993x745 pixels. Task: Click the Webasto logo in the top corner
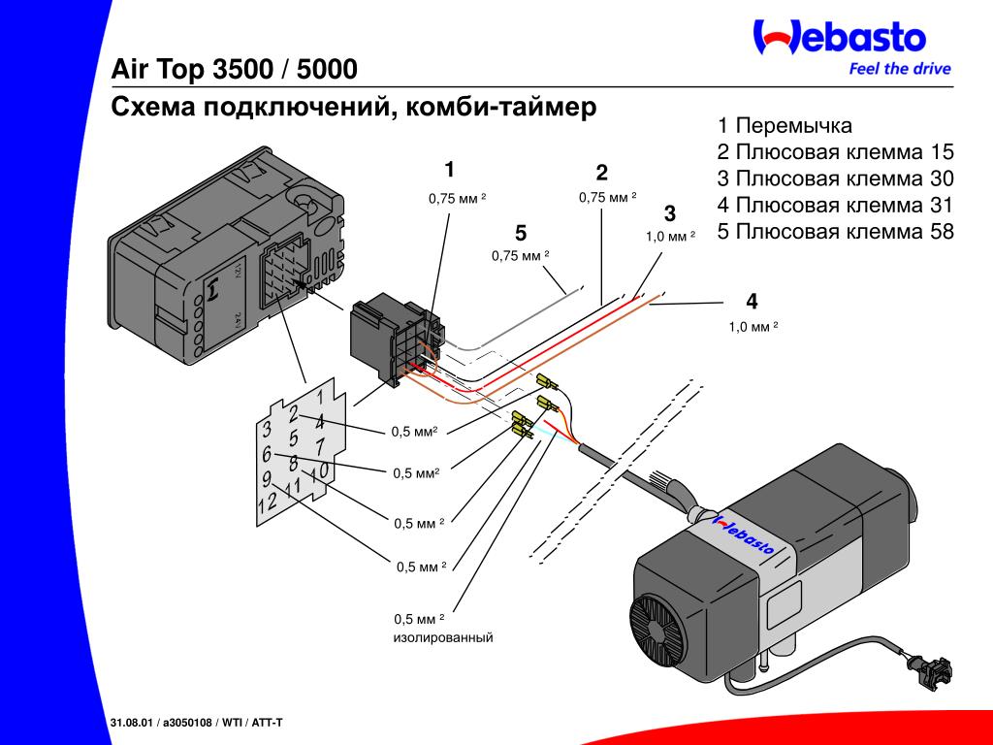[x=840, y=37]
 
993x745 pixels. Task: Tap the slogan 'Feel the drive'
[x=900, y=69]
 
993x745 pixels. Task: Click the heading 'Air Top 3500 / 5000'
[x=235, y=69]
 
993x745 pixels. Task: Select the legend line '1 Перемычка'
[x=785, y=125]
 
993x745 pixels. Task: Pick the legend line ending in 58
[x=835, y=231]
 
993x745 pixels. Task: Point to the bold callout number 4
[x=752, y=301]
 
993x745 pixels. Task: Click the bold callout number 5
[x=521, y=233]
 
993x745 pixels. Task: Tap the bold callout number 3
[x=670, y=213]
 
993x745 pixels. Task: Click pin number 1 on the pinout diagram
[x=320, y=397]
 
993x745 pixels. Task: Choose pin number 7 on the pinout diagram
[x=321, y=445]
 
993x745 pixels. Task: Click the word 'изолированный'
[x=443, y=637]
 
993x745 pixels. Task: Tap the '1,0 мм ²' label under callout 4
[x=753, y=327]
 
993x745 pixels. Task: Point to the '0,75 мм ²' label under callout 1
[x=458, y=198]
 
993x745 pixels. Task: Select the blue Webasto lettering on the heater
[x=745, y=534]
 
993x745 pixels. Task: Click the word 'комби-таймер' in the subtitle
[x=500, y=107]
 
